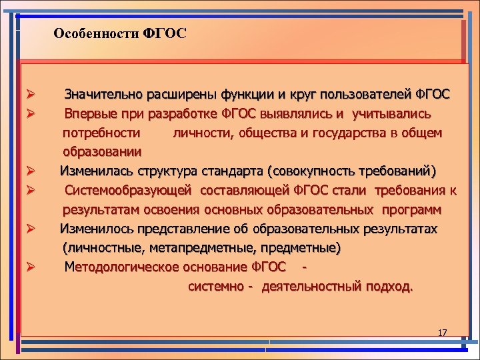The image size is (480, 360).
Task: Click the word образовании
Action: pos(101,152)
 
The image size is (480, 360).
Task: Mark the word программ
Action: pos(411,211)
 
